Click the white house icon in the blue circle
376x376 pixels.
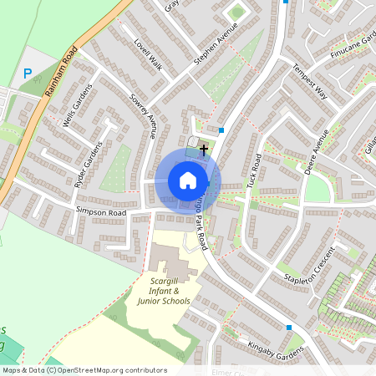(188, 180)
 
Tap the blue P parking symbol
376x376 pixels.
(28, 74)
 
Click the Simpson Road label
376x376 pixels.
(100, 213)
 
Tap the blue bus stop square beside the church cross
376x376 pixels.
(221, 130)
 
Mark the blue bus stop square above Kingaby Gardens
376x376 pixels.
(289, 328)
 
